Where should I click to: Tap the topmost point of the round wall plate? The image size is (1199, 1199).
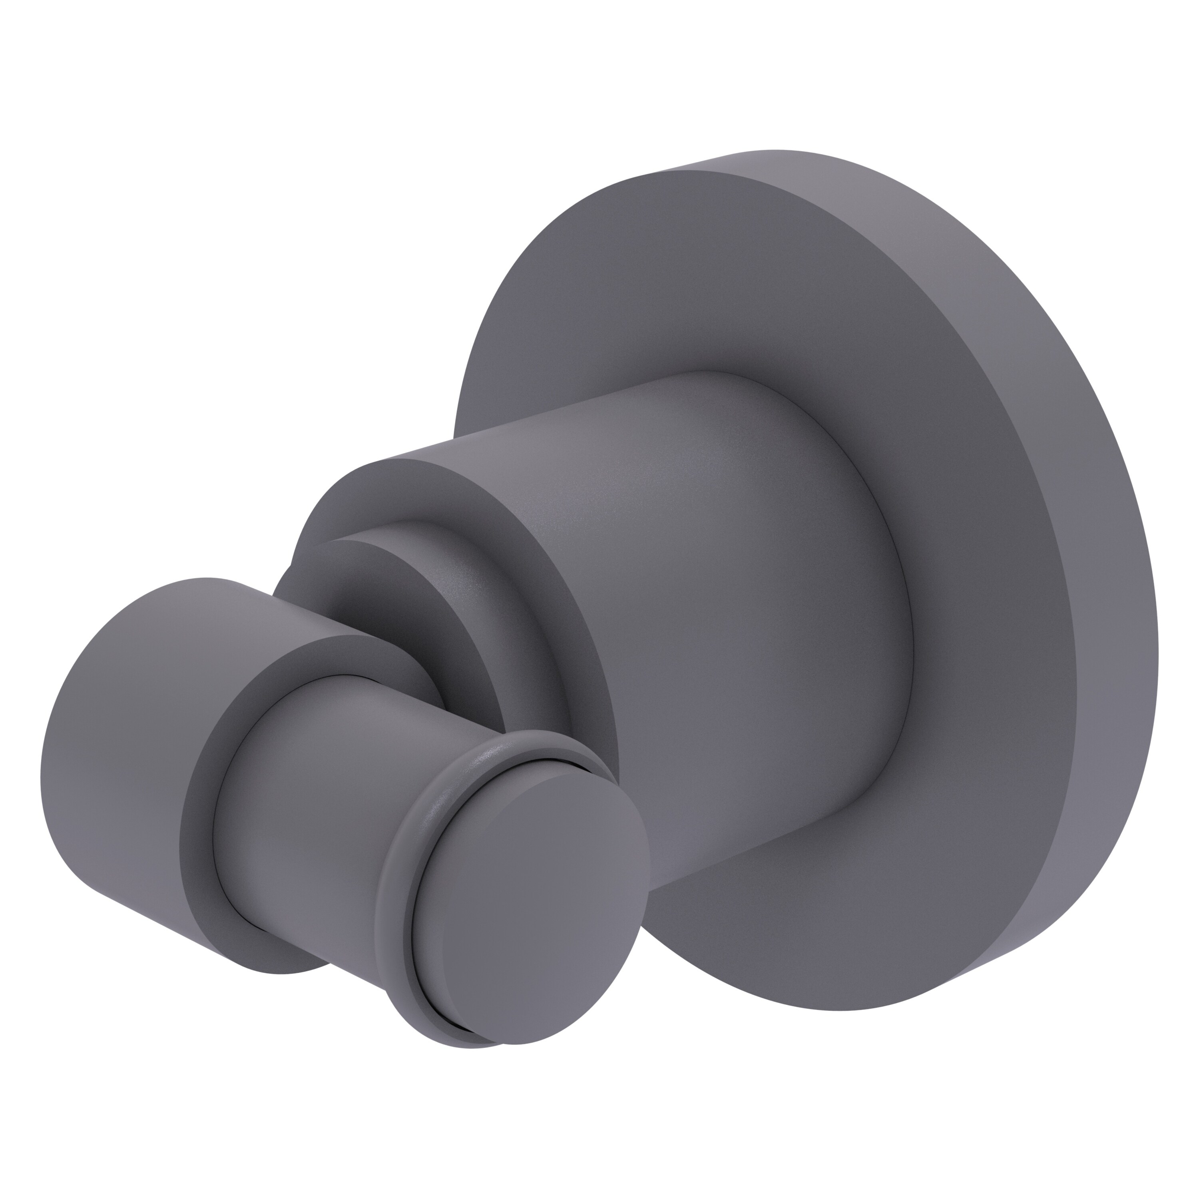pyautogui.click(x=776, y=150)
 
